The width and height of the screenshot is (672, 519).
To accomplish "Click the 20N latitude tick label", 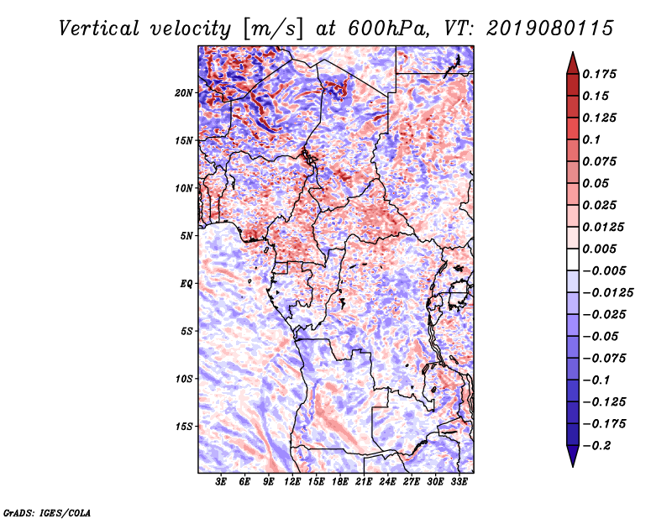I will point(184,92).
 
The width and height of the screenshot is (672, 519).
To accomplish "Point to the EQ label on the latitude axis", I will point(186,284).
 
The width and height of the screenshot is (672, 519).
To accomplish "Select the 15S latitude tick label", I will point(184,427).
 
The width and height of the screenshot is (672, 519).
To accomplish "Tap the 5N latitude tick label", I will point(186,236).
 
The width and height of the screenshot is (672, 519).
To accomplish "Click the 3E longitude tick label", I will point(222,482).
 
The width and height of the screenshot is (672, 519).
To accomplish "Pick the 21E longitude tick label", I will point(364,482).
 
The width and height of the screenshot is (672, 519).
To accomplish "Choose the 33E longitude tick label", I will point(459,482).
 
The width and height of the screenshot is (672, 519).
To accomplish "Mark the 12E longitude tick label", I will point(292,482).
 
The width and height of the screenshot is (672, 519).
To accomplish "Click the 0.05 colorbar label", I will point(598,183).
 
